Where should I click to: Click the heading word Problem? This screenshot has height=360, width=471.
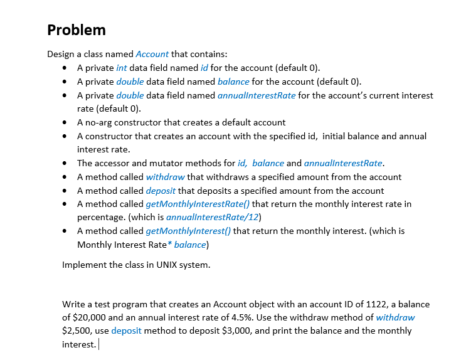(77, 30)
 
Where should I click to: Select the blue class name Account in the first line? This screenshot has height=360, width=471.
(152, 54)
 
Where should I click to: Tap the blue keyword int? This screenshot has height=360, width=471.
(122, 68)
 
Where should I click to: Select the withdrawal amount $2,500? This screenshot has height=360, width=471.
(77, 331)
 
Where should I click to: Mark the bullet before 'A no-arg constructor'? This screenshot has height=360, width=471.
(65, 122)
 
